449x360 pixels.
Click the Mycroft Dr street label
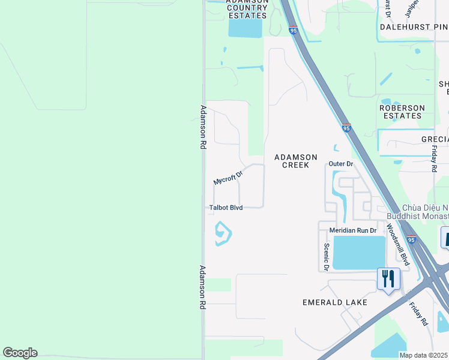pyautogui.click(x=228, y=178)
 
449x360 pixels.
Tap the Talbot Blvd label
pyautogui.click(x=226, y=208)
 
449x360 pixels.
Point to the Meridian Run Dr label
pyautogui.click(x=352, y=230)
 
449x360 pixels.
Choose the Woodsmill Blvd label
pyautogui.click(x=397, y=245)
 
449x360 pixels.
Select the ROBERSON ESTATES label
pyautogui.click(x=402, y=112)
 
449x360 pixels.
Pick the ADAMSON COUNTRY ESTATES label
pyautogui.click(x=246, y=8)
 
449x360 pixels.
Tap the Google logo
pyautogui.click(x=20, y=353)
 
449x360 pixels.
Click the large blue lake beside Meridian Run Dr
pyautogui.click(x=358, y=252)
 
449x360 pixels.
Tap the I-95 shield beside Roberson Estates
pyautogui.click(x=346, y=128)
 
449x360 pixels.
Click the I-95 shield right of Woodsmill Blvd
pyautogui.click(x=411, y=239)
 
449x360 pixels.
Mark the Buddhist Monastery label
pyautogui.click(x=424, y=211)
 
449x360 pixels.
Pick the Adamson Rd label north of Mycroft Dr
pyautogui.click(x=203, y=127)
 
